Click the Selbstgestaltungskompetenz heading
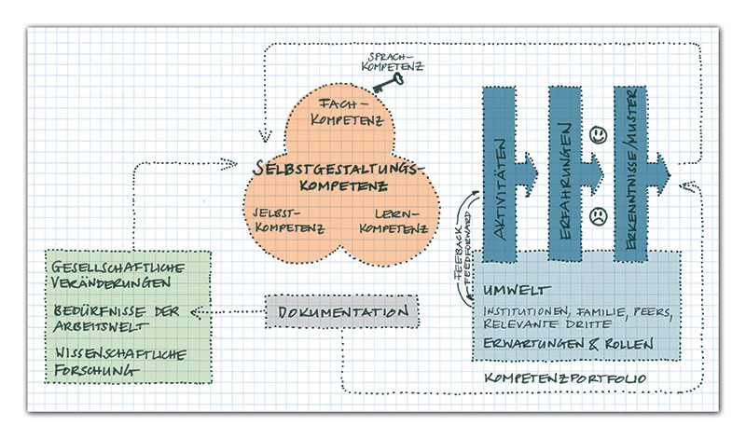pos(338,175)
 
